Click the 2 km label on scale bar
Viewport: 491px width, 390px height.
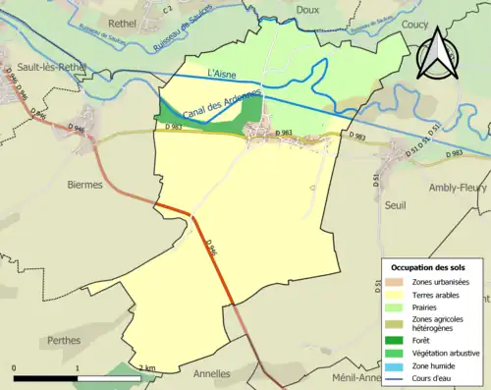tap(147, 367)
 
